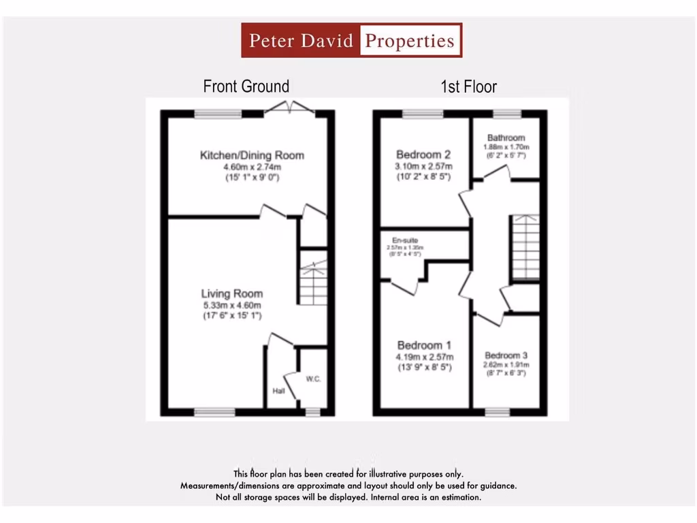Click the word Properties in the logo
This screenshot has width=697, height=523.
(x=410, y=41)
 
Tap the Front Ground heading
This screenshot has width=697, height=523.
(x=246, y=86)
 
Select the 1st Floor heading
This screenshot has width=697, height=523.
(x=468, y=86)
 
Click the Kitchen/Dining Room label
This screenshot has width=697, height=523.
(x=252, y=155)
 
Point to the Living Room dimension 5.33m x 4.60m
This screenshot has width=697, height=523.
(x=231, y=305)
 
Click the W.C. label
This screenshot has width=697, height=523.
(x=313, y=379)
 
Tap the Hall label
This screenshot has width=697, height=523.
(x=278, y=391)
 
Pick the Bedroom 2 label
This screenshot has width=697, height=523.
(x=423, y=155)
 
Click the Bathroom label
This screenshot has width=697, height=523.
(x=506, y=138)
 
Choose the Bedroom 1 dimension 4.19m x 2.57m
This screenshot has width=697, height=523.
(x=425, y=357)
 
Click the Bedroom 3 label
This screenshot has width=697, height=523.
(x=506, y=355)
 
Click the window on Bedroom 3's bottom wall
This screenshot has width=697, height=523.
(x=497, y=412)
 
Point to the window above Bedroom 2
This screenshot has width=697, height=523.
(x=422, y=114)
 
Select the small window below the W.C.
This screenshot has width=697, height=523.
(x=312, y=412)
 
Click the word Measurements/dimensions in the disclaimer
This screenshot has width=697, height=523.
(x=225, y=486)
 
